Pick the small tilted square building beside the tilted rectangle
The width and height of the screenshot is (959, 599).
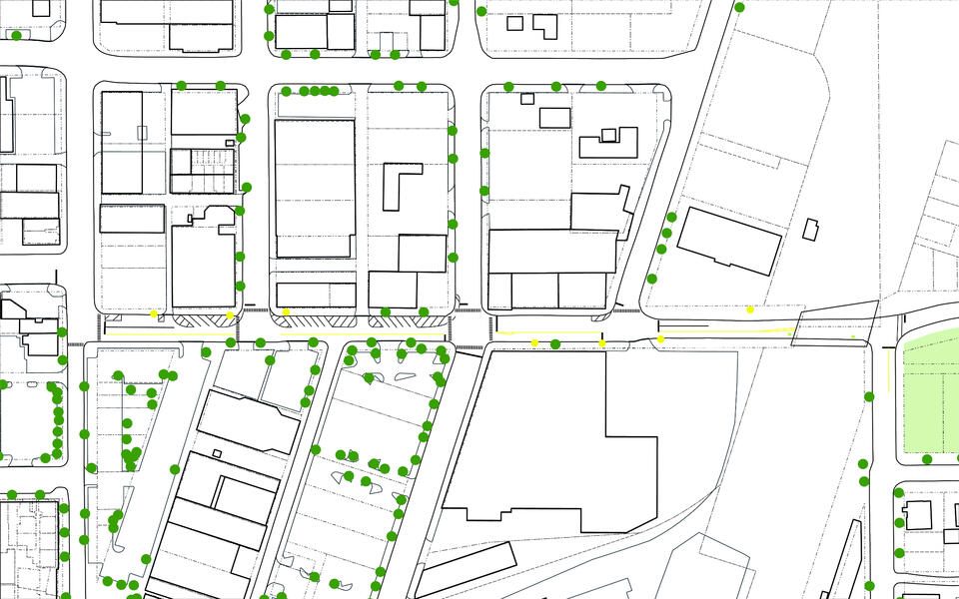click(x=810, y=229)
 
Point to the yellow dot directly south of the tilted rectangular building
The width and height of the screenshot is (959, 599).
click(x=750, y=309)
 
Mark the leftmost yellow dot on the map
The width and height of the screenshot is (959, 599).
click(x=154, y=313)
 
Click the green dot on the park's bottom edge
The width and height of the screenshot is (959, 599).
click(x=927, y=459)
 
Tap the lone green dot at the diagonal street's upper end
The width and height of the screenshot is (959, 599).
click(x=739, y=8)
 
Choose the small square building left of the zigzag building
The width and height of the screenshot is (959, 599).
click(x=554, y=117)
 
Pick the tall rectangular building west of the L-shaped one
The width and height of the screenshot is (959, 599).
click(x=315, y=188)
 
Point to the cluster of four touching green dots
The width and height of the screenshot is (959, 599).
click(x=317, y=91)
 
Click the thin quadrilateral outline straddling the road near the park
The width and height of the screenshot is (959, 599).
click(x=834, y=322)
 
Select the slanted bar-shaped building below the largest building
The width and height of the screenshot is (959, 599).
click(x=465, y=568)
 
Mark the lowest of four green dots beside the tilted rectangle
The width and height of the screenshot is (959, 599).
click(x=651, y=279)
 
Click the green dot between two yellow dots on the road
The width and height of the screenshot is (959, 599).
click(x=555, y=344)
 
